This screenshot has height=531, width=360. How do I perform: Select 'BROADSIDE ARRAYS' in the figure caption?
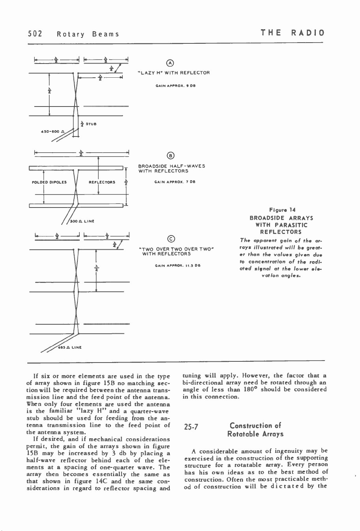[281, 218]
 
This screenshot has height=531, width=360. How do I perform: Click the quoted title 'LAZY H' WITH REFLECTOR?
[173, 73]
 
